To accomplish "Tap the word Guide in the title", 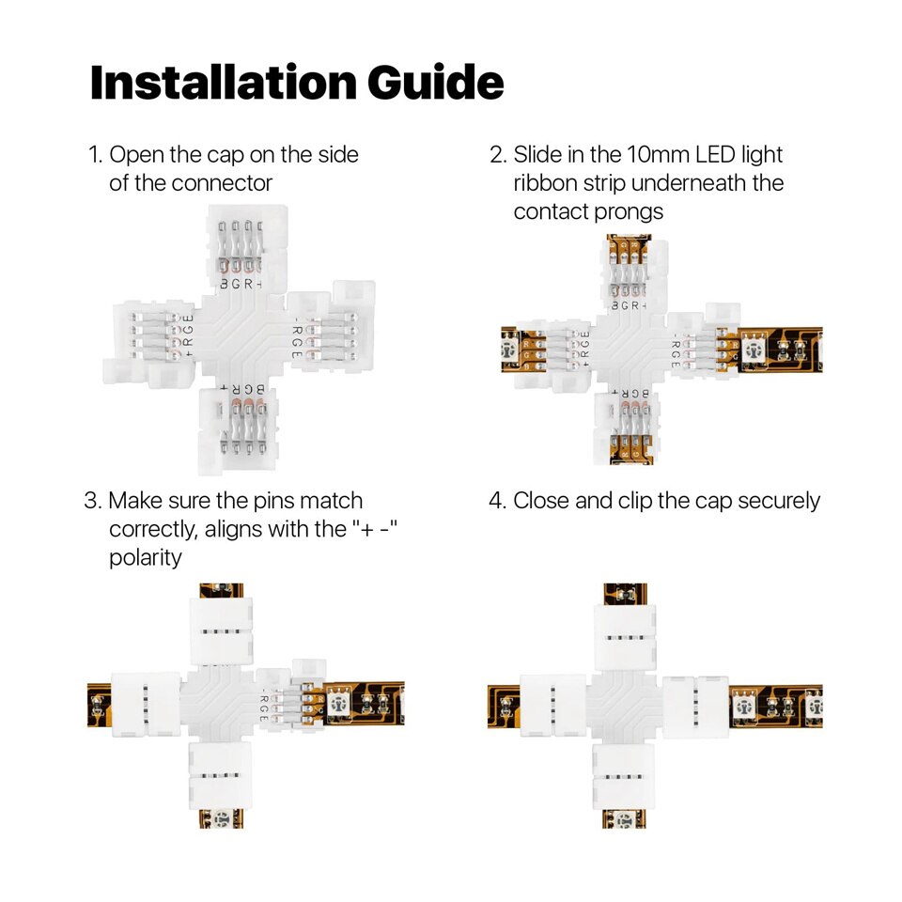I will tap(435, 83).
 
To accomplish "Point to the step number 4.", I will tap(496, 501).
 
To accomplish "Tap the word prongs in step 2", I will tap(629, 211).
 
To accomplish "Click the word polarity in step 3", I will tap(145, 557).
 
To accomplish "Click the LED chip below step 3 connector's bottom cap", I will tap(222, 817).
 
